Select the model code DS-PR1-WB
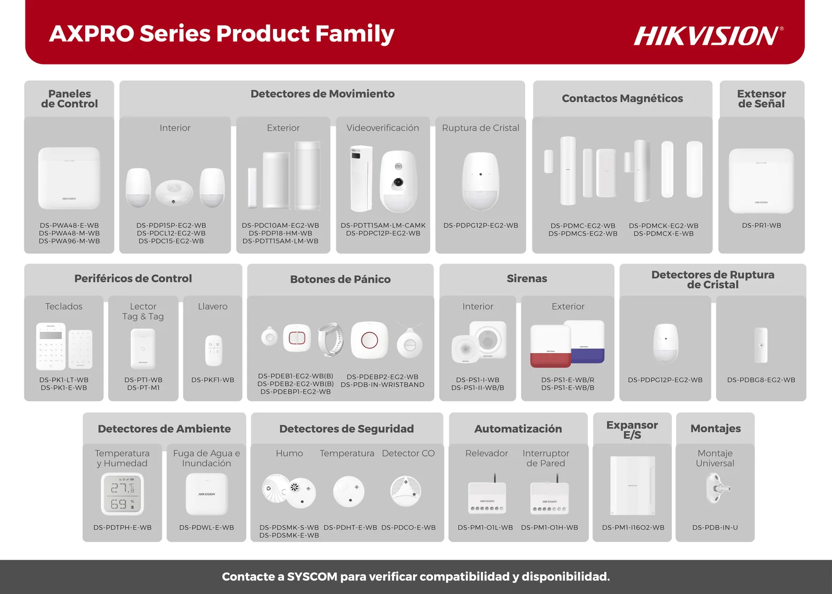click(x=761, y=226)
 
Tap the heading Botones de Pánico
click(x=340, y=279)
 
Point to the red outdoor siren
click(x=551, y=346)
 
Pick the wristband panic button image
click(x=330, y=340)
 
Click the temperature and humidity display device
click(x=122, y=494)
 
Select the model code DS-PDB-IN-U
click(x=715, y=527)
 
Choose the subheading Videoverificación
click(x=383, y=128)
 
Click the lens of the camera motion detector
click(x=398, y=182)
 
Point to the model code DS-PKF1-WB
click(x=213, y=380)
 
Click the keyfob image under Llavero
click(x=214, y=351)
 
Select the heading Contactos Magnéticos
click(x=622, y=98)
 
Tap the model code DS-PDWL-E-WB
click(x=206, y=527)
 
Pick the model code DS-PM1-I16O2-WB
click(x=633, y=527)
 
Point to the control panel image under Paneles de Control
click(x=69, y=178)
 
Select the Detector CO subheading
click(x=408, y=453)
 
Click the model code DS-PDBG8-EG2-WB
click(x=761, y=380)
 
